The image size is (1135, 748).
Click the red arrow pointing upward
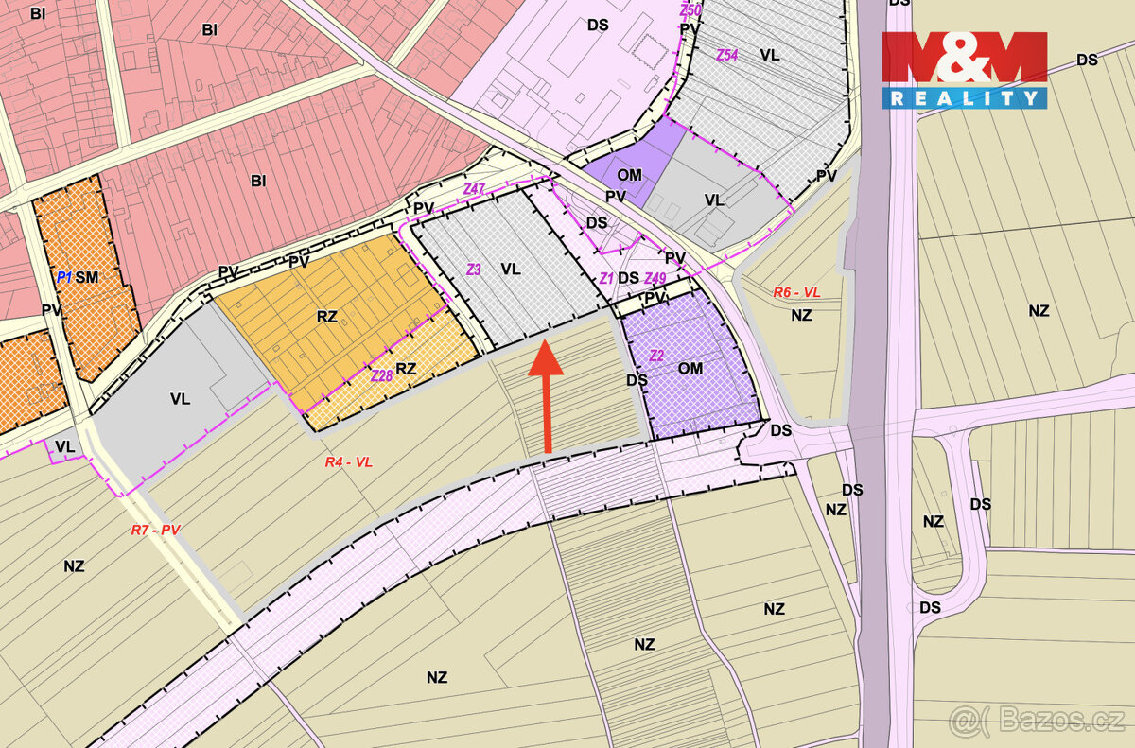pyautogui.click(x=546, y=398)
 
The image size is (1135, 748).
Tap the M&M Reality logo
pyautogui.click(x=965, y=69)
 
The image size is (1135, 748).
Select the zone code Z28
pyautogui.click(x=382, y=375)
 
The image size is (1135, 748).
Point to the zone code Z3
pyautogui.click(x=474, y=270)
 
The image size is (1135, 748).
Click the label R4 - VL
pyautogui.click(x=349, y=462)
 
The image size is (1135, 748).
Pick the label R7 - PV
pyautogui.click(x=155, y=531)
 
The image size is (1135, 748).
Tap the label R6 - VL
pyautogui.click(x=796, y=293)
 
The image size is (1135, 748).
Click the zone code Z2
pyautogui.click(x=656, y=356)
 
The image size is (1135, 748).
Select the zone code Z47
pyautogui.click(x=474, y=190)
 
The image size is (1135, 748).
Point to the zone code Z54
pyautogui.click(x=726, y=55)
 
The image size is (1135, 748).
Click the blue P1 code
pyautogui.click(x=64, y=277)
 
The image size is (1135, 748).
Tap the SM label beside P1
pyautogui.click(x=87, y=277)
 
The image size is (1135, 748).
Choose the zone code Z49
pyautogui.click(x=655, y=278)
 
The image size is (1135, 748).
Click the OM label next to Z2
pyautogui.click(x=690, y=368)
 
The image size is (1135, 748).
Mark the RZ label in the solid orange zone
pyautogui.click(x=327, y=317)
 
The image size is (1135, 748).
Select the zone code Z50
pyautogui.click(x=690, y=10)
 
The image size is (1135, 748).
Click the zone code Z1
pyautogui.click(x=606, y=278)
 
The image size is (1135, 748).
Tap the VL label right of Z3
pyautogui.click(x=511, y=270)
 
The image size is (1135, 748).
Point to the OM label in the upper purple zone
pyautogui.click(x=629, y=175)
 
